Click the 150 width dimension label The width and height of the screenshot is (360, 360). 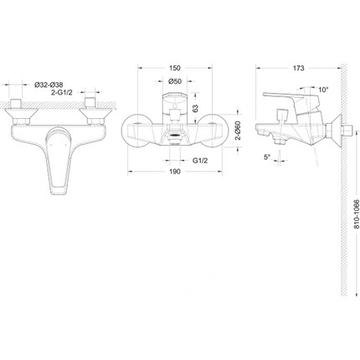click(175, 68)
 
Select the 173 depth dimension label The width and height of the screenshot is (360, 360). click(299, 68)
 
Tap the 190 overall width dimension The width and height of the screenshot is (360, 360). click(175, 172)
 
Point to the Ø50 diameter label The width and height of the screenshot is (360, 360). click(175, 81)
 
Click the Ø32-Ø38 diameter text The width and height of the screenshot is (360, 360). click(49, 85)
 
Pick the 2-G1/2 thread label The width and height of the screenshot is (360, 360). click(61, 92)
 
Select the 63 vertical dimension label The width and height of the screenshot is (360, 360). click(195, 108)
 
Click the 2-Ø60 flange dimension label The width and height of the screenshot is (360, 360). click(237, 131)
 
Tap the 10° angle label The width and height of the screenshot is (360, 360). click(323, 90)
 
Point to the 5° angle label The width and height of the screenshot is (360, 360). click(267, 157)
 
